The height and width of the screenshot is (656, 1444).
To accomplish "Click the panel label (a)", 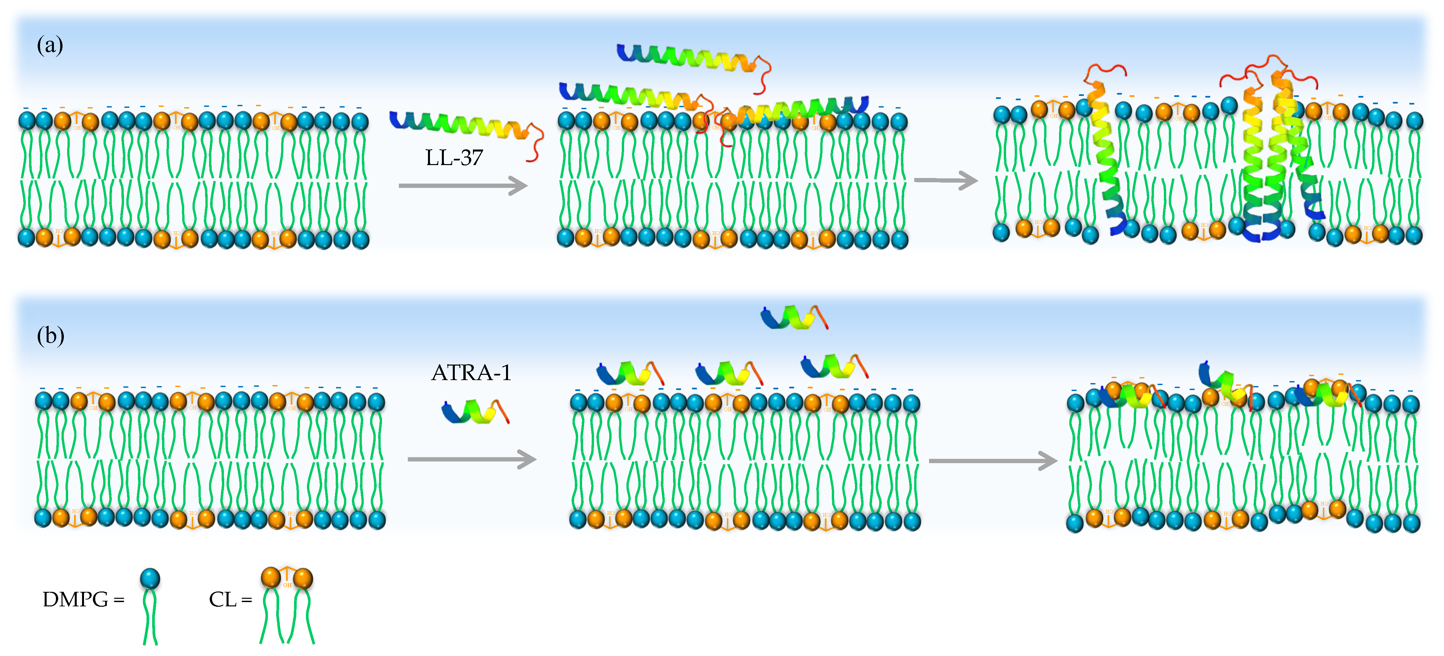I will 50,45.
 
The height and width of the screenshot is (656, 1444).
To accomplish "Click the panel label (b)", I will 51,335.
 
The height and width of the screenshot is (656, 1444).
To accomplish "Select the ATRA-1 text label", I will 471,372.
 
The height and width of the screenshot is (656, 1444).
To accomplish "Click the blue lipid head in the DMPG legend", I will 150,578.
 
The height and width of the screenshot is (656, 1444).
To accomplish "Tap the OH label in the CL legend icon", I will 287,585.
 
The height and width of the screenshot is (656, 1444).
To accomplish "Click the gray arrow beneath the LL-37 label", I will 462,185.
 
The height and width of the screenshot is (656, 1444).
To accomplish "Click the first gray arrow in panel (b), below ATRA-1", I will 471,459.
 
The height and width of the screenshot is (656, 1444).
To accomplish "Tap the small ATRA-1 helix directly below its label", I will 475,411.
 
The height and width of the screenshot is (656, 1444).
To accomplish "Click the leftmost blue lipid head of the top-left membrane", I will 27,120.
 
